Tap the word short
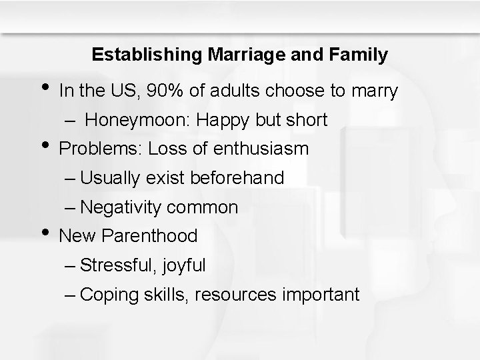pos(305,120)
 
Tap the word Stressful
pos(116,265)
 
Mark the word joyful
pos(182,265)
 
